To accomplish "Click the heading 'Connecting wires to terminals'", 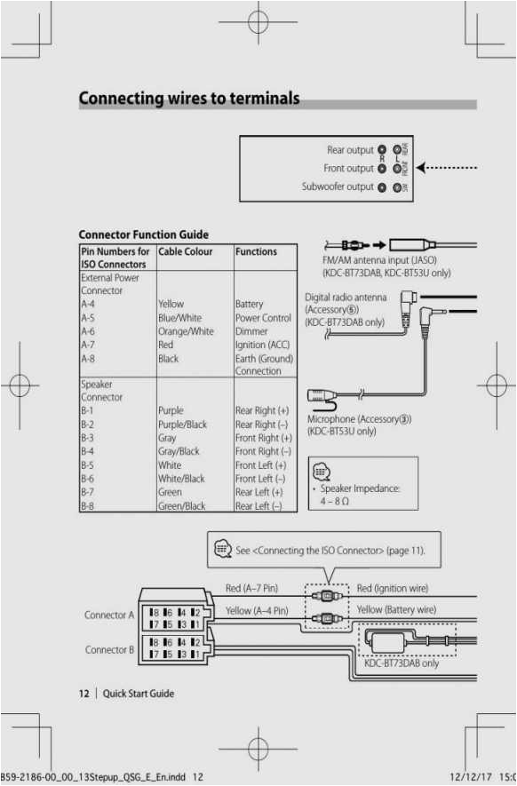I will point(189,99).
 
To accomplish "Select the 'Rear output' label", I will point(350,150).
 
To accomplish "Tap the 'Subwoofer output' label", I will point(338,187).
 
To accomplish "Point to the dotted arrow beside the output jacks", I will point(452,168).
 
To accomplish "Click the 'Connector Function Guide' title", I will point(144,234).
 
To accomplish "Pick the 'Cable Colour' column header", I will point(186,252).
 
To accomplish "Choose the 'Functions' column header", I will point(256,252).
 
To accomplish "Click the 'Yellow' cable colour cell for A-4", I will point(172,304).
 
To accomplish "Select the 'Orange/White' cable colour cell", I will point(186,331).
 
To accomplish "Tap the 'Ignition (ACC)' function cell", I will point(262,345).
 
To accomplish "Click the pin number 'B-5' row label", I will point(88,464).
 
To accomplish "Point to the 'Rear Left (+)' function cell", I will point(261,492).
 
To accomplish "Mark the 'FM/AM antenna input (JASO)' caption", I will point(379,260).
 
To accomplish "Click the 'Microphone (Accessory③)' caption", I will point(359,418).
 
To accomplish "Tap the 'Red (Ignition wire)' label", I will point(392,589).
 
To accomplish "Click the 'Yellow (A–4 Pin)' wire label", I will point(257,610).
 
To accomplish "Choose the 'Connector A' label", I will point(109,615).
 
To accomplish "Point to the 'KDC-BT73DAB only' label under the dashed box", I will point(402,663).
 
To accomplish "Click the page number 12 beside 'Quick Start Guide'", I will point(84,694).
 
